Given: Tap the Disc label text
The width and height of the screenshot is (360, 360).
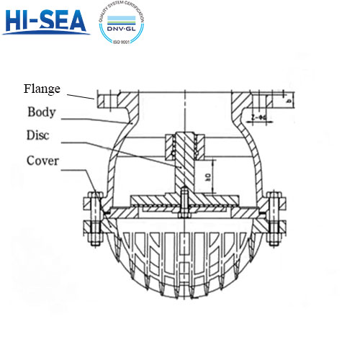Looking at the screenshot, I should [x=40, y=135].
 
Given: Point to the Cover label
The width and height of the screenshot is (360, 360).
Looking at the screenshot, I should [x=42, y=160].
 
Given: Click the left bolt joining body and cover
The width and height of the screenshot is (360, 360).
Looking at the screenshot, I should [x=94, y=217].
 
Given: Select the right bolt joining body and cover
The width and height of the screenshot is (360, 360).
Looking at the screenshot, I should [x=272, y=217].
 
